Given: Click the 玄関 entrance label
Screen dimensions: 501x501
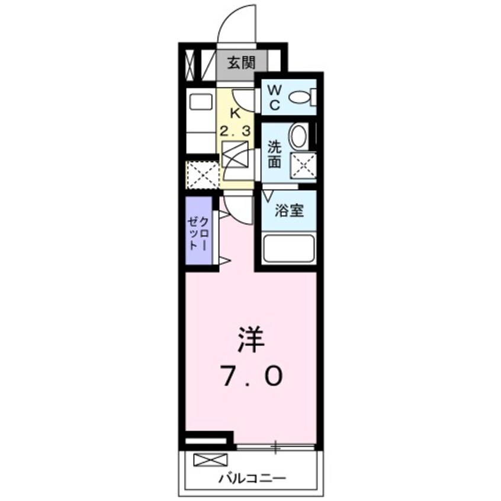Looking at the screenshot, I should click(x=242, y=62).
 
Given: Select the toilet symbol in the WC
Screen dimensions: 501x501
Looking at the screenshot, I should click(x=306, y=97).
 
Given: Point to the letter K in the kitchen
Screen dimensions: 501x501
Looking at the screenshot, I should click(x=235, y=113).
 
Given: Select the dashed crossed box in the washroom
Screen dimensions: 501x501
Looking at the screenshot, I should click(x=303, y=165).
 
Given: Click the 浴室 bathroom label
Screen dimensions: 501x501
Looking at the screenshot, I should click(x=290, y=211).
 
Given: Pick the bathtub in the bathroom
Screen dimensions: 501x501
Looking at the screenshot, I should click(x=289, y=249).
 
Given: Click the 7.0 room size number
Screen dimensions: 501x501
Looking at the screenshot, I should click(x=252, y=375).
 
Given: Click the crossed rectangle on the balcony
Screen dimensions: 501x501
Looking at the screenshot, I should click(x=210, y=460).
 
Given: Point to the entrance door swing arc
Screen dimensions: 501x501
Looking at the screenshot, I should click(x=237, y=24).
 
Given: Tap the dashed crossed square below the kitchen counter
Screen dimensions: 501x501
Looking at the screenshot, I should click(x=201, y=174).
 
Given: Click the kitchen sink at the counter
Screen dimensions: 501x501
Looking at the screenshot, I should click(x=201, y=102).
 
